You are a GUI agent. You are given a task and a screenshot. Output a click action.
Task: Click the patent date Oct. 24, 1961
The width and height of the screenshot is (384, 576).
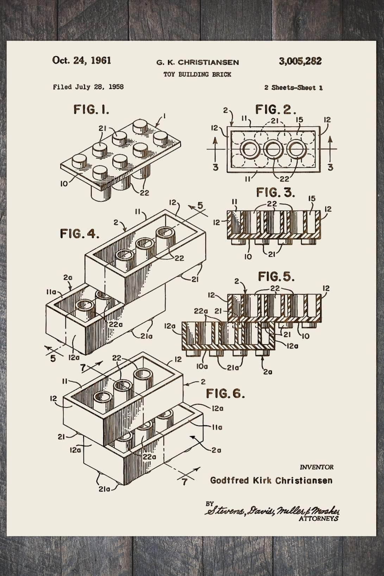[82, 60]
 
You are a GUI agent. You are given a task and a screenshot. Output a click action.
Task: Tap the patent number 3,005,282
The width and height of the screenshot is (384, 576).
[300, 61]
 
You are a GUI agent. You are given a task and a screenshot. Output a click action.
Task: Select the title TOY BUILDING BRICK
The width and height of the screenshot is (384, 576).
[197, 74]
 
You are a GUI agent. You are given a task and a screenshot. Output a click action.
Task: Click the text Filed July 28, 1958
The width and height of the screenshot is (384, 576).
[88, 87]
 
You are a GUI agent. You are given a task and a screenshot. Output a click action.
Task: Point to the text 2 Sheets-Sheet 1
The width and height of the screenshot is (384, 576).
[294, 88]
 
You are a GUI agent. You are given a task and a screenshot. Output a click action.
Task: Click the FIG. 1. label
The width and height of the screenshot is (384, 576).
[91, 110]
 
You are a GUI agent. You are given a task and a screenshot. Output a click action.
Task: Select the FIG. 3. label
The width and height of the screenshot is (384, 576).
[276, 192]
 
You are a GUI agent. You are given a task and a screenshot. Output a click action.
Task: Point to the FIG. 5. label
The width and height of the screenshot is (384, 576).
[277, 277]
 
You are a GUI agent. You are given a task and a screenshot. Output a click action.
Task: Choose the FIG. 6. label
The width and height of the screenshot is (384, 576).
[225, 393]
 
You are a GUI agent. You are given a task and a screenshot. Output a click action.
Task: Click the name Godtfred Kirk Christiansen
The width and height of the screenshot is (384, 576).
[271, 480]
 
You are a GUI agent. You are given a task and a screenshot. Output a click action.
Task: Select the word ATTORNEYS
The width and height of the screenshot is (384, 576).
[318, 518]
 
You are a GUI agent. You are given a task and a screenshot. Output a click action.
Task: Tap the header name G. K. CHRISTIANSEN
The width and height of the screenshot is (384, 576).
[197, 63]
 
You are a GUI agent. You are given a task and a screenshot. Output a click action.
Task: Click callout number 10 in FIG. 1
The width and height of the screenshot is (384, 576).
[64, 184]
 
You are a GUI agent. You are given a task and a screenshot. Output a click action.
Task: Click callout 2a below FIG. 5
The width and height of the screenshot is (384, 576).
[267, 372]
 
